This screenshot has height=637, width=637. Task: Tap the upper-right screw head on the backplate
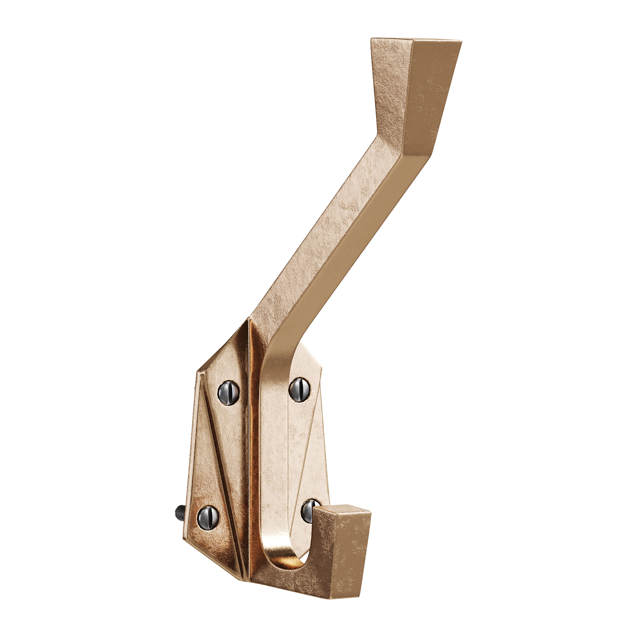pos(300,389)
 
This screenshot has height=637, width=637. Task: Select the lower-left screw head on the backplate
pos(208,518)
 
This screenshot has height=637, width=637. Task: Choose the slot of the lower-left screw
pos(208,518)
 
